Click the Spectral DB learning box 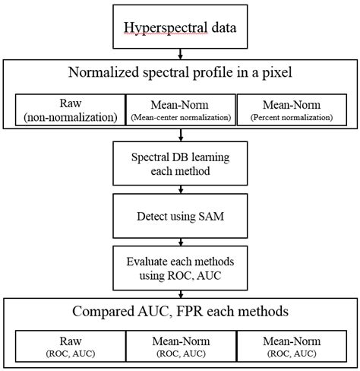tap(180, 163)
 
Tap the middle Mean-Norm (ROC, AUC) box tap(179, 344)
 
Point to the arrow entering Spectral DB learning tap(180, 136)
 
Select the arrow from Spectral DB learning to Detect tap(180, 191)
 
